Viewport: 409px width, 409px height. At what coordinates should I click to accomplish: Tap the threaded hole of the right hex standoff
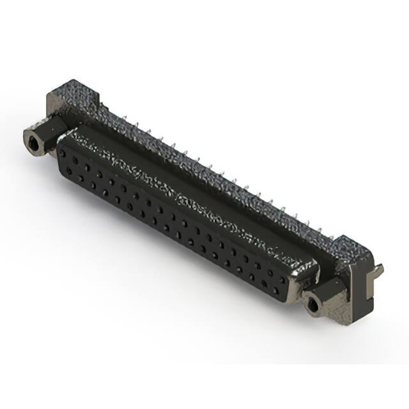click(313, 303)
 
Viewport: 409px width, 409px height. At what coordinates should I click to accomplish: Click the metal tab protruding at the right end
click(378, 271)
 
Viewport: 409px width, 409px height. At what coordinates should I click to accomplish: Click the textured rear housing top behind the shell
click(211, 173)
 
